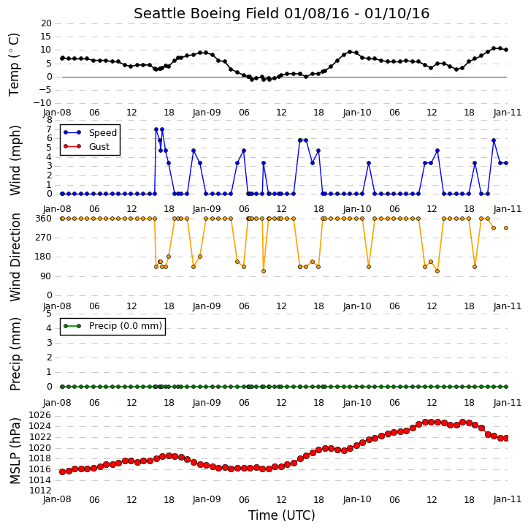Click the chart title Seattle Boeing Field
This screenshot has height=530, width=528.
pyautogui.click(x=206, y=13)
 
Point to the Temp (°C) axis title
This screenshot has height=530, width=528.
pyautogui.click(x=14, y=64)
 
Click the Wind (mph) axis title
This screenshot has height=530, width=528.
pyautogui.click(x=15, y=161)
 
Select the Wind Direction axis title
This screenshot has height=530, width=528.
pyautogui.click(x=15, y=257)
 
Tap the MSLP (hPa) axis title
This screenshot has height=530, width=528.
pyautogui.click(x=15, y=451)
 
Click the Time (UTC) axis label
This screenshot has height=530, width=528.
pyautogui.click(x=282, y=515)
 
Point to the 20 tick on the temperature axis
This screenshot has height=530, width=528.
pyautogui.click(x=46, y=23)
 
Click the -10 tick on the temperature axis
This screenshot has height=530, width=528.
pyautogui.click(x=43, y=103)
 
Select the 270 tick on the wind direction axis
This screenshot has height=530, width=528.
pyautogui.click(x=44, y=238)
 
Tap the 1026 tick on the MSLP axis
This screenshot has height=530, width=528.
pyautogui.click(x=40, y=415)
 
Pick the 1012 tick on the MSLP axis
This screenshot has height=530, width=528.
pyautogui.click(x=40, y=491)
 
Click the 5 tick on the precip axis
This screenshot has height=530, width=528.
pyautogui.click(x=49, y=314)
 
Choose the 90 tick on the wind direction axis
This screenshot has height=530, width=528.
pyautogui.click(x=47, y=276)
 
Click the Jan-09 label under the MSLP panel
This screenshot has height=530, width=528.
pyautogui.click(x=207, y=499)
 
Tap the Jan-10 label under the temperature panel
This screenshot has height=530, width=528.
pyautogui.click(x=357, y=113)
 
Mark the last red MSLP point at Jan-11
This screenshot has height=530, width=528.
pyautogui.click(x=506, y=438)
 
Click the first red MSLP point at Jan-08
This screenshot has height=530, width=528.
pyautogui.click(x=63, y=472)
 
